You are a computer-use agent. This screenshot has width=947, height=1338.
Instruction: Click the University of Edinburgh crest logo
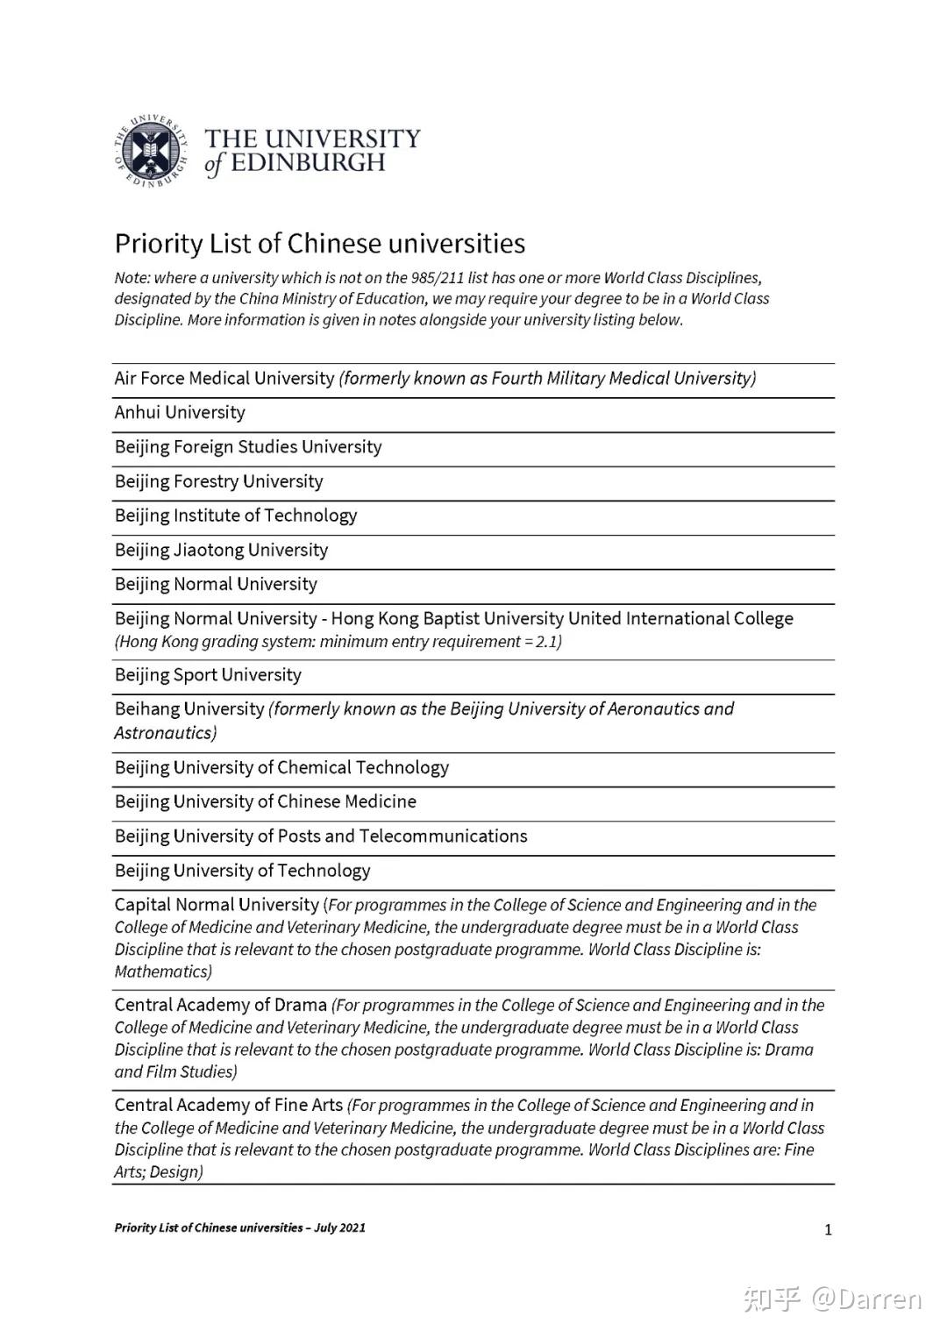click(152, 150)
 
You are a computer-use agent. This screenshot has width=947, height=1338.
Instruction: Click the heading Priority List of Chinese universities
click(320, 243)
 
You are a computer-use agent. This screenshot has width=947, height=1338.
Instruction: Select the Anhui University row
click(180, 412)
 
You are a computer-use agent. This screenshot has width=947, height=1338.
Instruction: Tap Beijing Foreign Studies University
click(248, 447)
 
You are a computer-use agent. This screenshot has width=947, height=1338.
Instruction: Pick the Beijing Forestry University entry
click(218, 481)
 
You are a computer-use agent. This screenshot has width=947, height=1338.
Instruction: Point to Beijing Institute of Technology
click(236, 516)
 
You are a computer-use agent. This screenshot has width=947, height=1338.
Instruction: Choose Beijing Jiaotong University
click(221, 550)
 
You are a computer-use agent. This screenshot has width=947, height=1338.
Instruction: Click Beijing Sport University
click(208, 675)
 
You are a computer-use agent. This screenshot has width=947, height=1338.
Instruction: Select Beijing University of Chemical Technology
click(281, 767)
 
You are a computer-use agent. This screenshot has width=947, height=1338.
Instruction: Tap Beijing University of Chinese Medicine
click(266, 801)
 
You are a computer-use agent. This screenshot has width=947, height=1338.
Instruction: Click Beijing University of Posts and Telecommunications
click(321, 836)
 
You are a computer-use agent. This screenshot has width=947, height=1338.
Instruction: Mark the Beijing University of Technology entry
click(242, 871)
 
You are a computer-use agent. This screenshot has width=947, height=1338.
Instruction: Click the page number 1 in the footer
click(828, 1230)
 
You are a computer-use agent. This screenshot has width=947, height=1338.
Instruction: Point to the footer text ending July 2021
click(239, 1228)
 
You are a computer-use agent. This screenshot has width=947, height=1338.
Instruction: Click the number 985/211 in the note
click(431, 278)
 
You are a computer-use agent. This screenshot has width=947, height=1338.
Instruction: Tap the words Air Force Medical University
click(224, 378)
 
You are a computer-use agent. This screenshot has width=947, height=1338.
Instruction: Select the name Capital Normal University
click(217, 905)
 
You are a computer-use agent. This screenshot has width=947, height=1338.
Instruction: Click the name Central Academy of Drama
click(221, 1005)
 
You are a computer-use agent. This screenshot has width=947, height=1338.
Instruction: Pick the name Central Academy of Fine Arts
click(229, 1105)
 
